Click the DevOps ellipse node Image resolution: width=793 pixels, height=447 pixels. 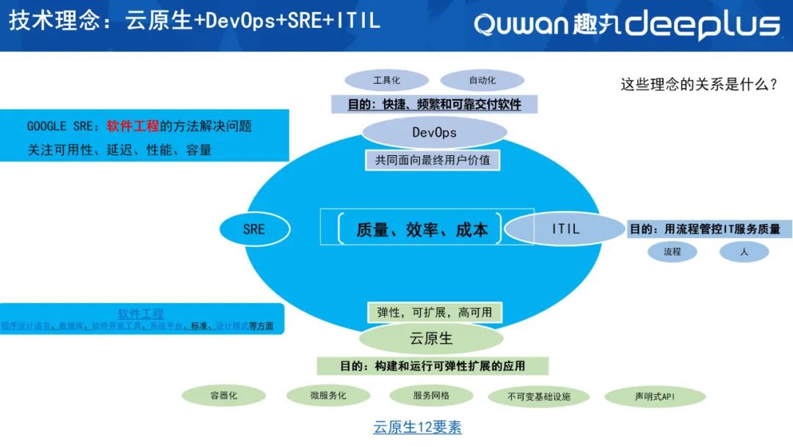tap(435, 133)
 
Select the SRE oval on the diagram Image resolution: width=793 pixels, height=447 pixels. tap(254, 229)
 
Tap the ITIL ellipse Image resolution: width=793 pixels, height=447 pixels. tap(565, 229)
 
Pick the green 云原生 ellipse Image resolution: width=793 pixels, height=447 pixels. tap(431, 338)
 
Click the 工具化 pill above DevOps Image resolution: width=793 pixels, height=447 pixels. tap(387, 80)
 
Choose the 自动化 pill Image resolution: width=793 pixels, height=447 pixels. tap(482, 80)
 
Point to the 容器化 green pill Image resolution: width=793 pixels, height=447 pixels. tap(224, 396)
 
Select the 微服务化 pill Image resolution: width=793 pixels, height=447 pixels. tap(327, 396)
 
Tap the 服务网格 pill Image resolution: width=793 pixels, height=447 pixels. tap(431, 396)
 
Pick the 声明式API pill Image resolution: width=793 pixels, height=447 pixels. tap(654, 397)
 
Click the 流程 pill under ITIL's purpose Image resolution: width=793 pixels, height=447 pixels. tap(672, 251)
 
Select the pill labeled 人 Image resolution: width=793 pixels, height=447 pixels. tap(744, 251)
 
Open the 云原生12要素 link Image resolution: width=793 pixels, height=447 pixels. tap(417, 427)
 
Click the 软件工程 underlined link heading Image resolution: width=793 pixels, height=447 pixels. tap(141, 314)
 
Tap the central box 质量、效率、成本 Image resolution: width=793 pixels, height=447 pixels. tap(421, 229)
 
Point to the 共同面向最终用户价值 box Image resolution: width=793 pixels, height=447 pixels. tap(432, 160)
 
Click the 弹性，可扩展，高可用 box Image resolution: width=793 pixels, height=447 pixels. tap(434, 312)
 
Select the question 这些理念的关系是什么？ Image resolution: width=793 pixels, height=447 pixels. tap(699, 85)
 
